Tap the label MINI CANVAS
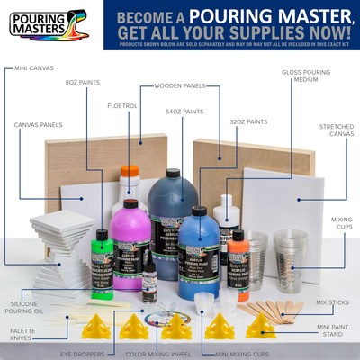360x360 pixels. coord(35,67)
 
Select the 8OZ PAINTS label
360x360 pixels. coord(82,83)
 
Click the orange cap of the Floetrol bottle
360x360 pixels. coord(131,170)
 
